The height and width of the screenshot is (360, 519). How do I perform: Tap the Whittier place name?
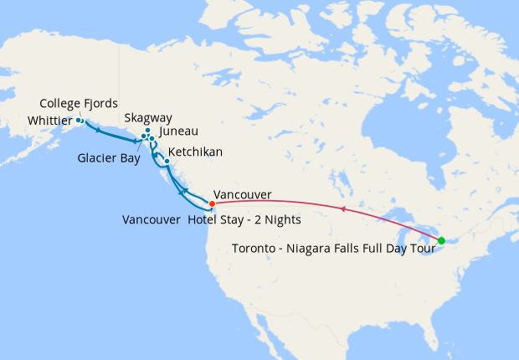point(50,121)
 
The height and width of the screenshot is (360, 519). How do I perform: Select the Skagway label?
point(148,118)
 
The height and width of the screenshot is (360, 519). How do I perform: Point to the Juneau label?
point(178,131)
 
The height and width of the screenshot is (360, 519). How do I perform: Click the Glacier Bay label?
point(109,157)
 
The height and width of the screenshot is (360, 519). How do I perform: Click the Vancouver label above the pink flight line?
point(243,194)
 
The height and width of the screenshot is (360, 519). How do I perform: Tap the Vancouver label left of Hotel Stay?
point(152,220)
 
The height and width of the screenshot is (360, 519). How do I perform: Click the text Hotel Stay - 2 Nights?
point(244,220)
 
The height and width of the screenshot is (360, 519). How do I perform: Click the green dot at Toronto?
point(441,240)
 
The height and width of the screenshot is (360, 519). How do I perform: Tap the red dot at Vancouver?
point(212,203)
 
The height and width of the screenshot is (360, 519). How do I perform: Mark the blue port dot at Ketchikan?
point(167,161)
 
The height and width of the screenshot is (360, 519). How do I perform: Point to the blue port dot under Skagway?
point(147,131)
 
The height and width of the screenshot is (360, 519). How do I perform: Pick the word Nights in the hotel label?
point(282,220)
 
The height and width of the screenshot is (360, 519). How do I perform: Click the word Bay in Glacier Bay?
point(128,157)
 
